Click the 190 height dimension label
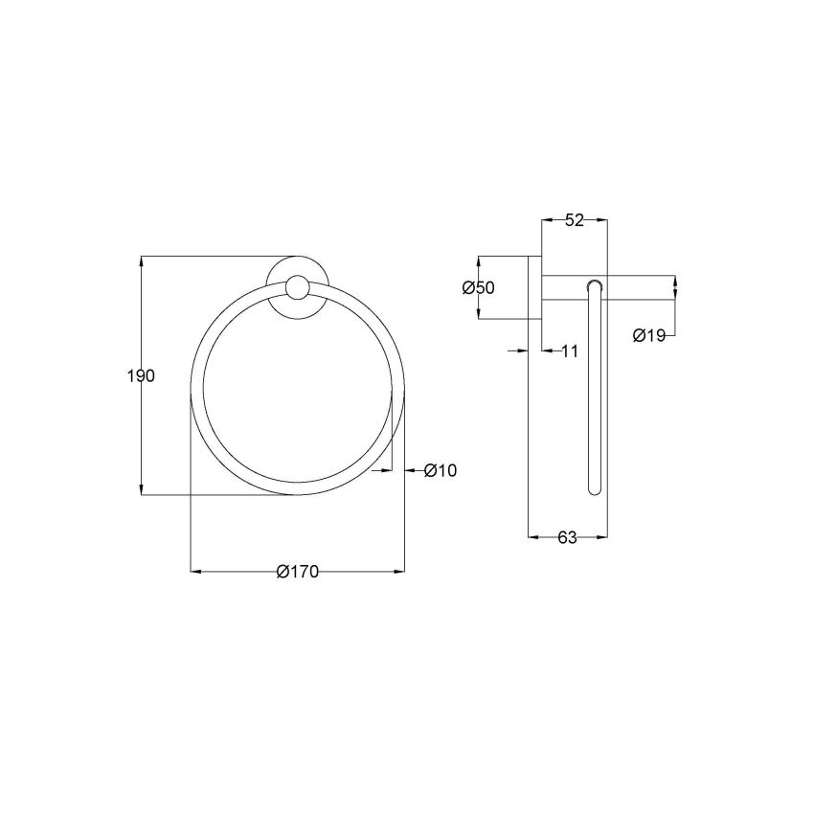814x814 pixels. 141,376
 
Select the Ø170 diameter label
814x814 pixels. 296,572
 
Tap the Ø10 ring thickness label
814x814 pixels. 441,470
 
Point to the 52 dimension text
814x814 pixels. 575,220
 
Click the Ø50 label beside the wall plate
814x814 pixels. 478,288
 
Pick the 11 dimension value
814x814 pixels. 569,351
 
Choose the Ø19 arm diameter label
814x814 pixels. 648,335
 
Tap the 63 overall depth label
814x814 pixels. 567,538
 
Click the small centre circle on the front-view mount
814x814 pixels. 298,287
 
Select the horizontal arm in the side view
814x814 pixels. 632,286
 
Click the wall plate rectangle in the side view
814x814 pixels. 535,302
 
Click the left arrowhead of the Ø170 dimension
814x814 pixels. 196,572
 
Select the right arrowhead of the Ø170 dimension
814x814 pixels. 399,572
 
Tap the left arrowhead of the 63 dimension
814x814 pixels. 533,538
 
